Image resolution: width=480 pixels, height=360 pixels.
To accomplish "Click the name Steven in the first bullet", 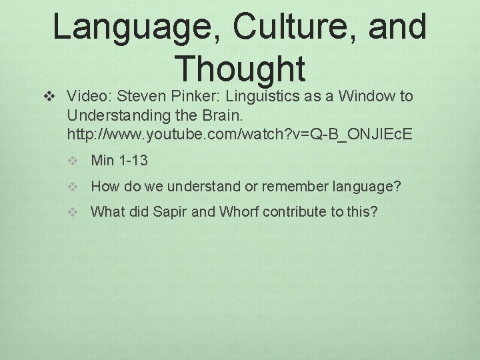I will (141, 97).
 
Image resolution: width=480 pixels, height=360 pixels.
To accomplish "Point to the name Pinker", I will (192, 97).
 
